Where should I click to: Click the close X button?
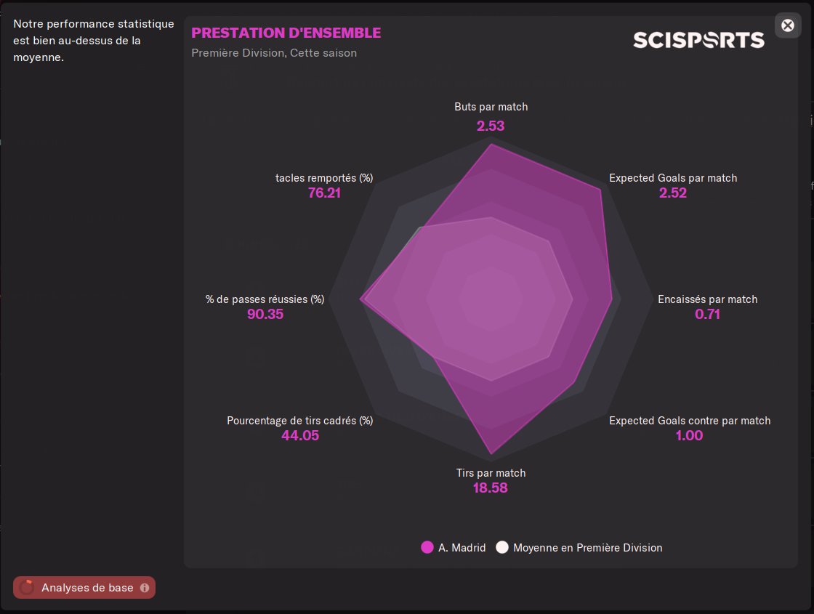click(788, 25)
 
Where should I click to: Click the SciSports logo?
click(698, 40)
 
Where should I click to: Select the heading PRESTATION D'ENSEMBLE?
click(286, 33)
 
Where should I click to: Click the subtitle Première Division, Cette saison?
click(274, 53)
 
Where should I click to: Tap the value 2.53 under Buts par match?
click(491, 126)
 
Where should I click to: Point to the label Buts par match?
click(491, 107)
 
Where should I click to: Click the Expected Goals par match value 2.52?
click(673, 193)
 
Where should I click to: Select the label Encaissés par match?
click(707, 299)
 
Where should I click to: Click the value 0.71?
click(707, 315)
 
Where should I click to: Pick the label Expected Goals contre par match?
click(690, 421)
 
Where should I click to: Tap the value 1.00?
click(689, 436)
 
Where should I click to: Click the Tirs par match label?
click(491, 473)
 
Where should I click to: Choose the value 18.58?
click(491, 488)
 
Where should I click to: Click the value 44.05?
click(300, 436)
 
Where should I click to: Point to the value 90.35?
click(265, 315)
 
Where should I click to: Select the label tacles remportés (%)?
click(324, 178)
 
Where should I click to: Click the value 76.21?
click(324, 193)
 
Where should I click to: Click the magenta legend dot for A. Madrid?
click(427, 548)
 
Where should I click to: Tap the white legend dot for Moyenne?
click(502, 548)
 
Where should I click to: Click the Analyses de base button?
click(84, 588)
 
